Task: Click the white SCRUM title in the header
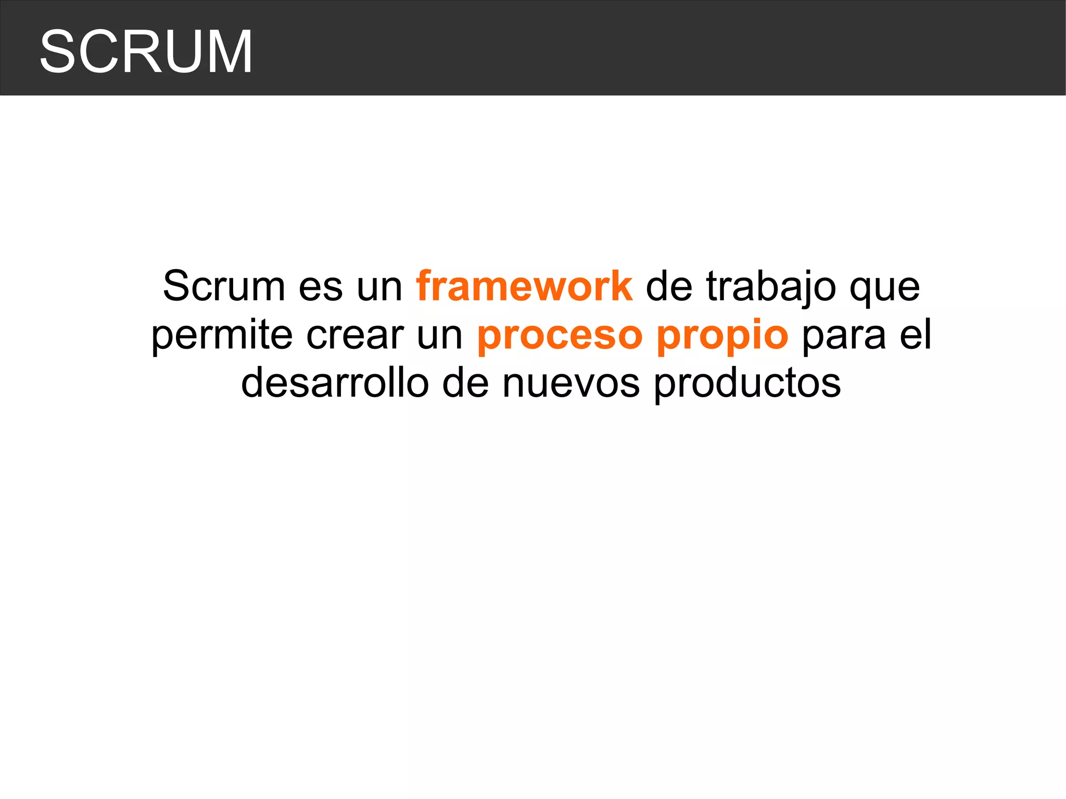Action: pyautogui.click(x=146, y=52)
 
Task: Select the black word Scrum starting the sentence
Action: pyautogui.click(x=224, y=286)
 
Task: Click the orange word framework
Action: pyautogui.click(x=524, y=286)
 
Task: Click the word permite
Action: pyautogui.click(x=222, y=336)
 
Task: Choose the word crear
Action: pyautogui.click(x=355, y=336)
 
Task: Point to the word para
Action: pyautogui.click(x=844, y=337)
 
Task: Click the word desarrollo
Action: pyautogui.click(x=335, y=383)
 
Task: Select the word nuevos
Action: pyautogui.click(x=571, y=384)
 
